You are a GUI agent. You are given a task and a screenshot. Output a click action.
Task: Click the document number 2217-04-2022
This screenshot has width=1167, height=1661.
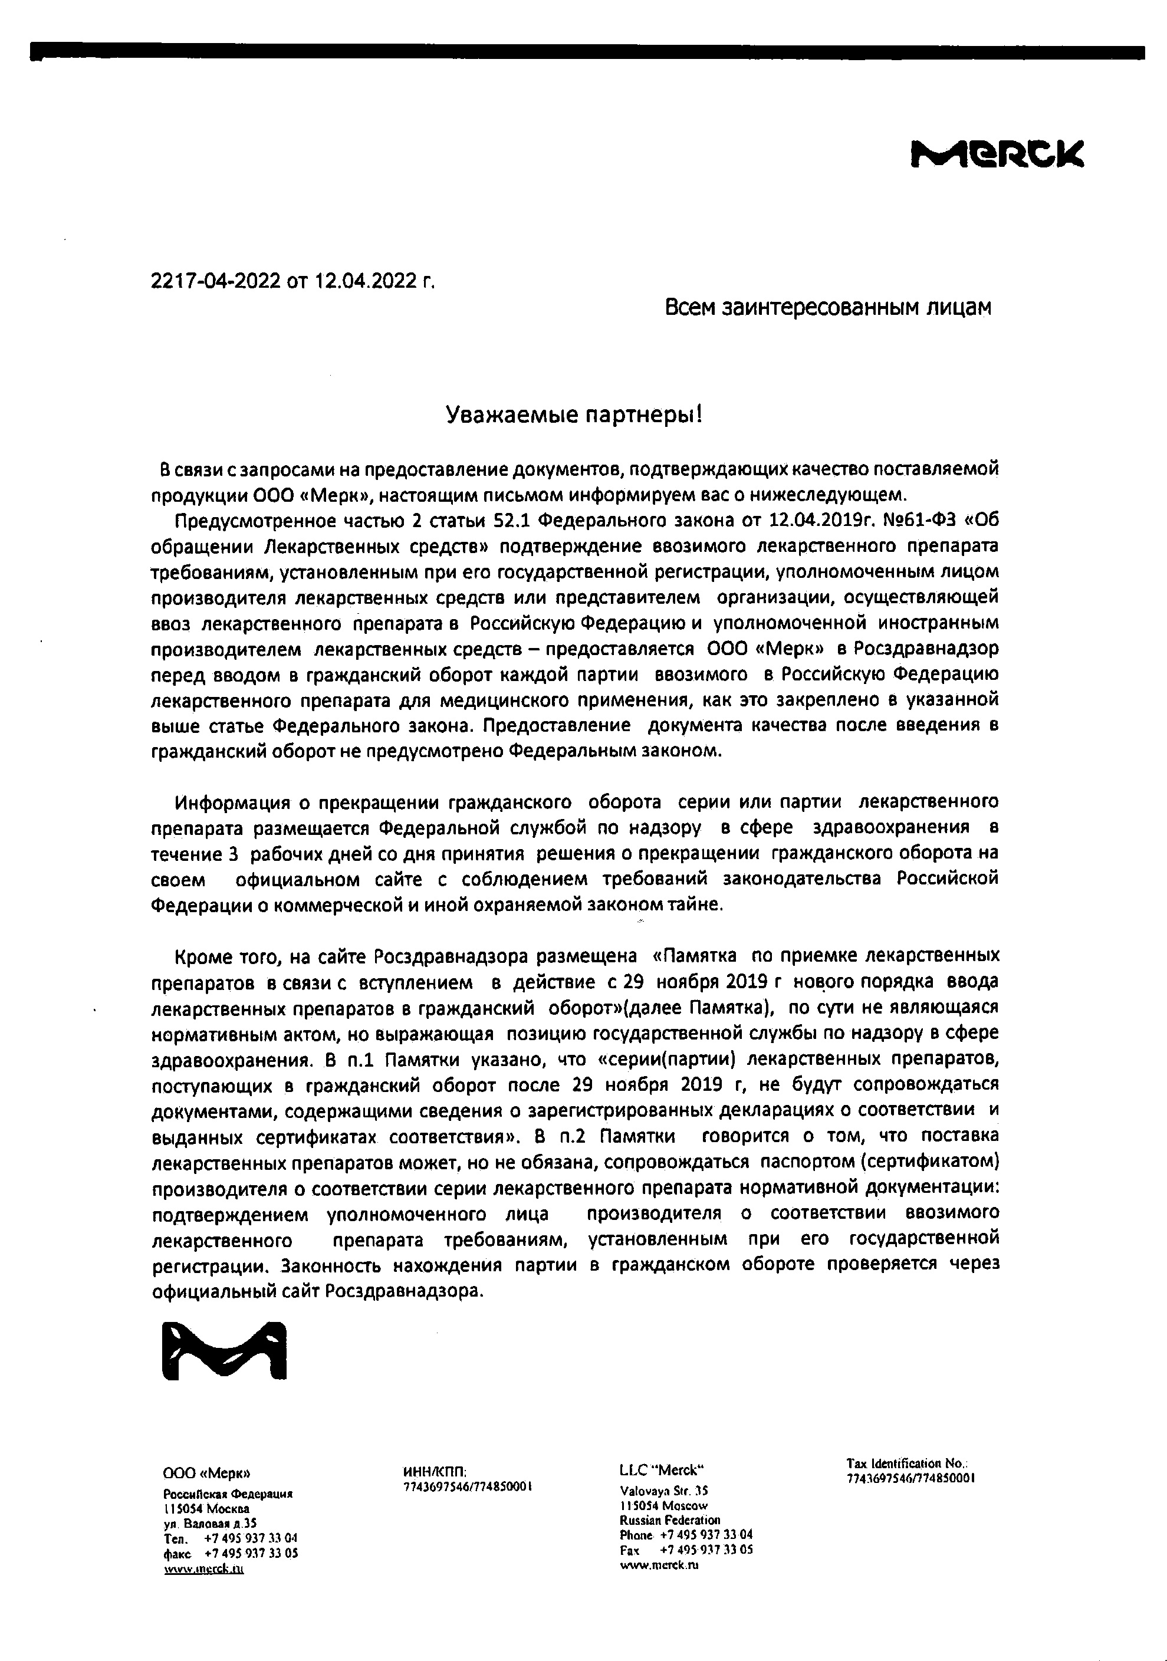[x=216, y=281]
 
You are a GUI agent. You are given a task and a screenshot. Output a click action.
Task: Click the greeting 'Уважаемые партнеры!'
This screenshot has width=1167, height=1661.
[x=573, y=415]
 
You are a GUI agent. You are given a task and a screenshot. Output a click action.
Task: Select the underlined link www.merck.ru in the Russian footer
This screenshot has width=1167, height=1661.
[x=204, y=1568]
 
